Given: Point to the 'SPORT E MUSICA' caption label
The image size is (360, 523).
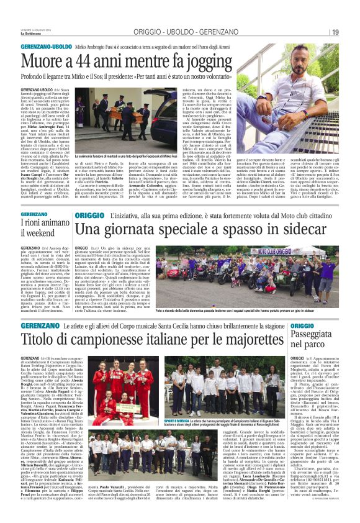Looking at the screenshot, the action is point(177,420).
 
